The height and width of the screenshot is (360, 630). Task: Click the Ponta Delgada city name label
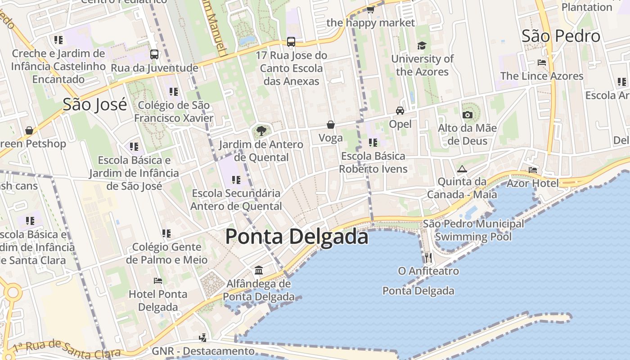(x=297, y=236)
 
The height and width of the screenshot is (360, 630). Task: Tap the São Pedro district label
(x=561, y=36)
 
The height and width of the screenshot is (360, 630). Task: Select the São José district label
(x=94, y=104)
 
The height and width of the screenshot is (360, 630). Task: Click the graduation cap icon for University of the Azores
(x=422, y=45)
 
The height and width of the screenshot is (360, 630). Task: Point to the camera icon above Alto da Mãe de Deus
(x=468, y=115)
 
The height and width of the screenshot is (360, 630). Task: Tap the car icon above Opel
(x=400, y=110)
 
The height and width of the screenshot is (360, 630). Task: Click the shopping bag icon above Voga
(x=331, y=125)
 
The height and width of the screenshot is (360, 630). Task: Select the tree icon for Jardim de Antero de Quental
(x=261, y=131)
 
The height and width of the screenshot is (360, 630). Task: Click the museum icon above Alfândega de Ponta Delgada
(x=259, y=270)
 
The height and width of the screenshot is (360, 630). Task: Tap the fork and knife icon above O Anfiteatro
(x=428, y=257)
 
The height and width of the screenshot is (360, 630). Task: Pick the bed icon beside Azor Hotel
(x=533, y=170)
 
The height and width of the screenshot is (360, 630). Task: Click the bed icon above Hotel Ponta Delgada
(x=157, y=281)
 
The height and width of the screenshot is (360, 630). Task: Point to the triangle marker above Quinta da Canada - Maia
(x=462, y=169)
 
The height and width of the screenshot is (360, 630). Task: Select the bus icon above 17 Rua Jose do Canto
(x=291, y=42)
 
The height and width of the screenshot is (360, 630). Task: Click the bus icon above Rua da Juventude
(x=154, y=54)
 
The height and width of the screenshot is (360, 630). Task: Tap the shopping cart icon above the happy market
(x=370, y=9)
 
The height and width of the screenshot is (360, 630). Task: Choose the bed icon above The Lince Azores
(x=542, y=63)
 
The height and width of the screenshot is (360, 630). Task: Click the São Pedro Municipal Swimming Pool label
(x=473, y=230)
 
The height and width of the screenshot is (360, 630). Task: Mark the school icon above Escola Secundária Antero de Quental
(x=236, y=180)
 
